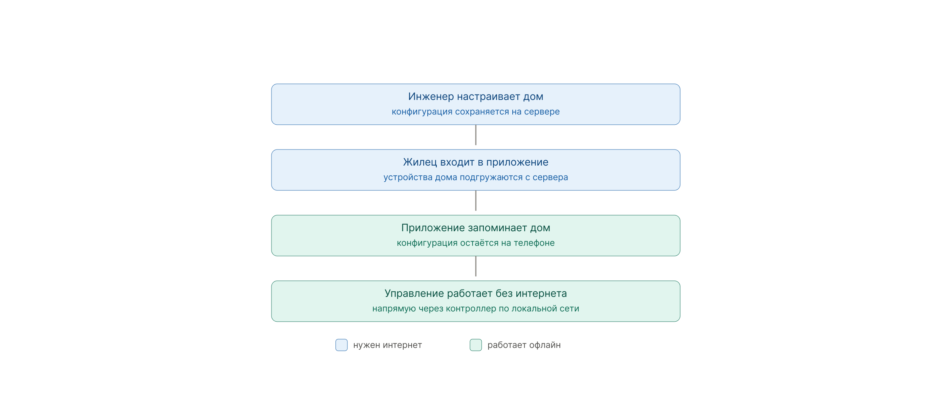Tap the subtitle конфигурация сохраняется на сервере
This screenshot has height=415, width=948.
475,112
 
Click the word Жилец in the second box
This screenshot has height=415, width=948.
420,162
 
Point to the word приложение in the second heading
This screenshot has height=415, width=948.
517,162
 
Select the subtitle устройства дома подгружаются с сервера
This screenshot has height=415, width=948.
475,177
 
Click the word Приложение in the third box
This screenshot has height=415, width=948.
433,228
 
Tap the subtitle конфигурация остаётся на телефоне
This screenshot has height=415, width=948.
475,243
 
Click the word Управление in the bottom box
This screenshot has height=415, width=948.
414,293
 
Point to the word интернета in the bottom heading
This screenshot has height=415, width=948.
542,294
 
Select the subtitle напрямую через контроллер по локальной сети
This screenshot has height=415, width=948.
475,308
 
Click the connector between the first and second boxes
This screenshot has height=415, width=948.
476,135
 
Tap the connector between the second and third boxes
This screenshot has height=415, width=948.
476,201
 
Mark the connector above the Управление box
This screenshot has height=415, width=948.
476,266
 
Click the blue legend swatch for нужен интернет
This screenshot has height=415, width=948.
342,345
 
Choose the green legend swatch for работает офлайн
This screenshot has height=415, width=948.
476,345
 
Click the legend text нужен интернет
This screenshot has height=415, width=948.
388,345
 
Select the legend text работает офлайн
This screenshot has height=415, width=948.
524,345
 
